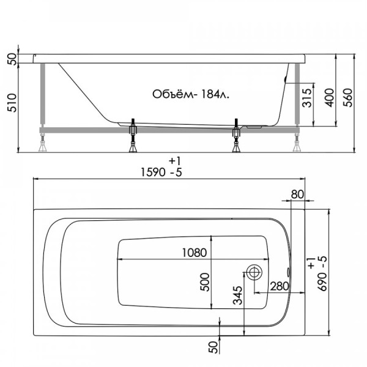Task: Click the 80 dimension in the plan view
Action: [x=297, y=194]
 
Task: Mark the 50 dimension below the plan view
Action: [x=212, y=348]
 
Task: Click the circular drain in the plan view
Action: [x=254, y=272]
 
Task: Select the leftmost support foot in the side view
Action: [x=43, y=145]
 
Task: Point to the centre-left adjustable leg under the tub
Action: [x=133, y=138]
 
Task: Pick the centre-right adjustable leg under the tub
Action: [x=236, y=138]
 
